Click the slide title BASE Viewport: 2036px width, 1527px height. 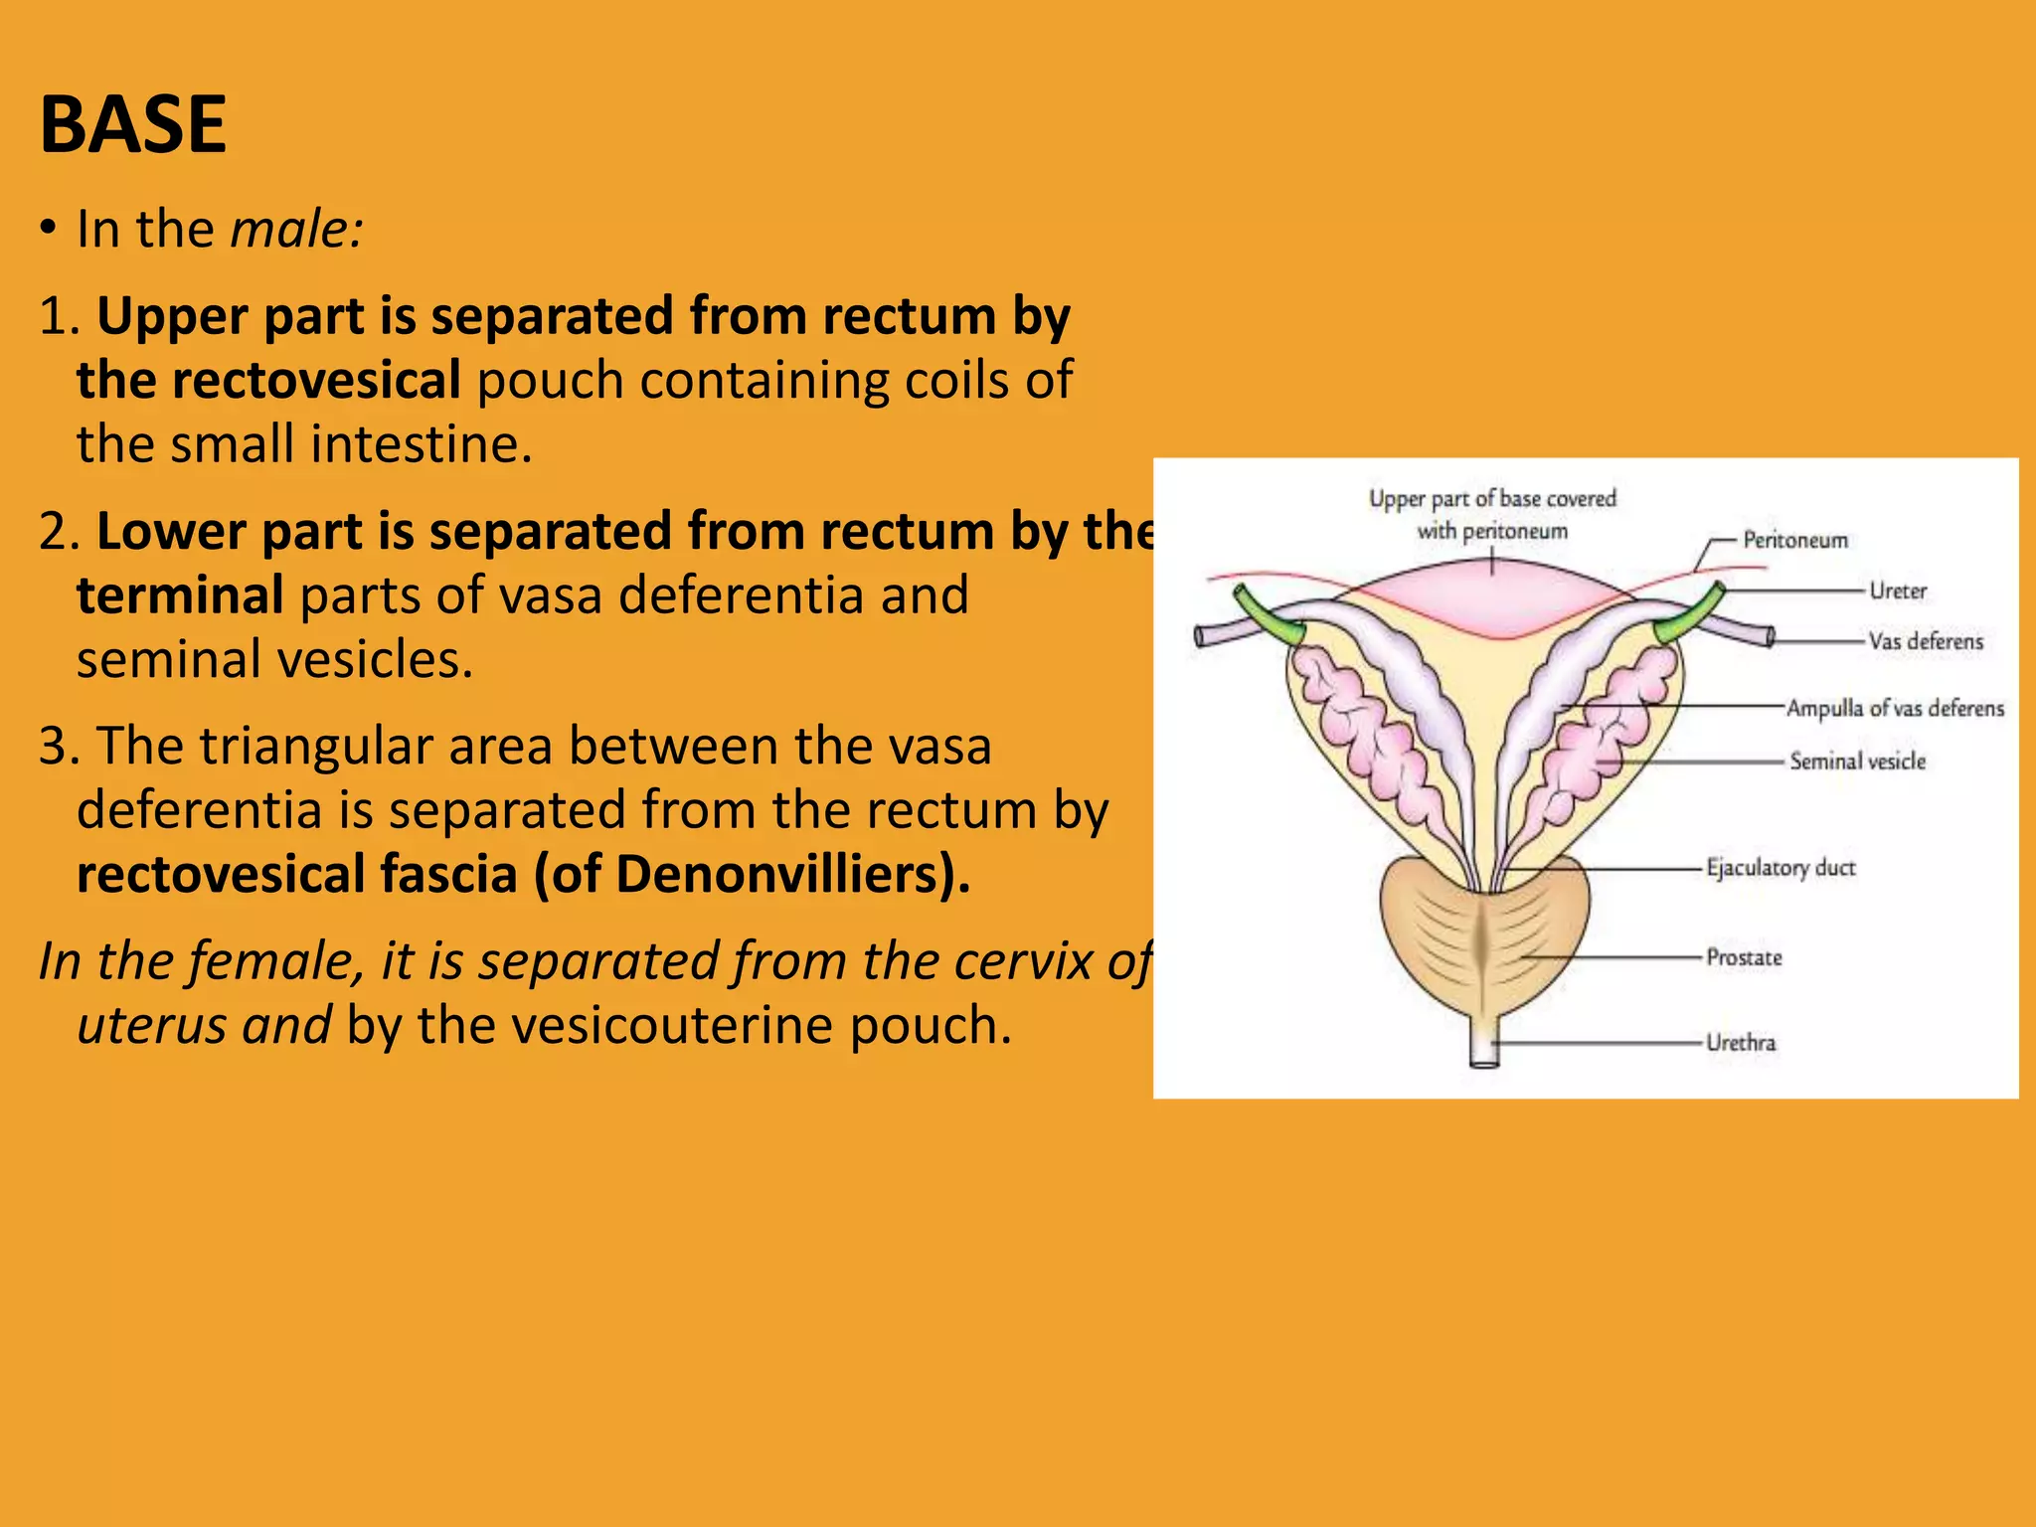[133, 124]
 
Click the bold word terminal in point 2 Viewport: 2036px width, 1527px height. [180, 595]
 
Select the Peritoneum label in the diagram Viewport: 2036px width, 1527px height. [1794, 540]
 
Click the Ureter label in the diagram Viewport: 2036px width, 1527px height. [1897, 591]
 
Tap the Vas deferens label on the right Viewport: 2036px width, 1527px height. [1925, 641]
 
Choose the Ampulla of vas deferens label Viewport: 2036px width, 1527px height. [1894, 708]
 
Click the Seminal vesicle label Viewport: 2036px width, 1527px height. [1857, 761]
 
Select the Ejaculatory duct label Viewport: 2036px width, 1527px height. [1780, 868]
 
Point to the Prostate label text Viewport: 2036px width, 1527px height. [1744, 957]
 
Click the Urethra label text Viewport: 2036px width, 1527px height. [1740, 1043]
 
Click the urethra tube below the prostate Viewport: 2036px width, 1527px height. [1483, 1044]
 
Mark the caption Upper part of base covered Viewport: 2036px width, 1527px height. [1491, 498]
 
